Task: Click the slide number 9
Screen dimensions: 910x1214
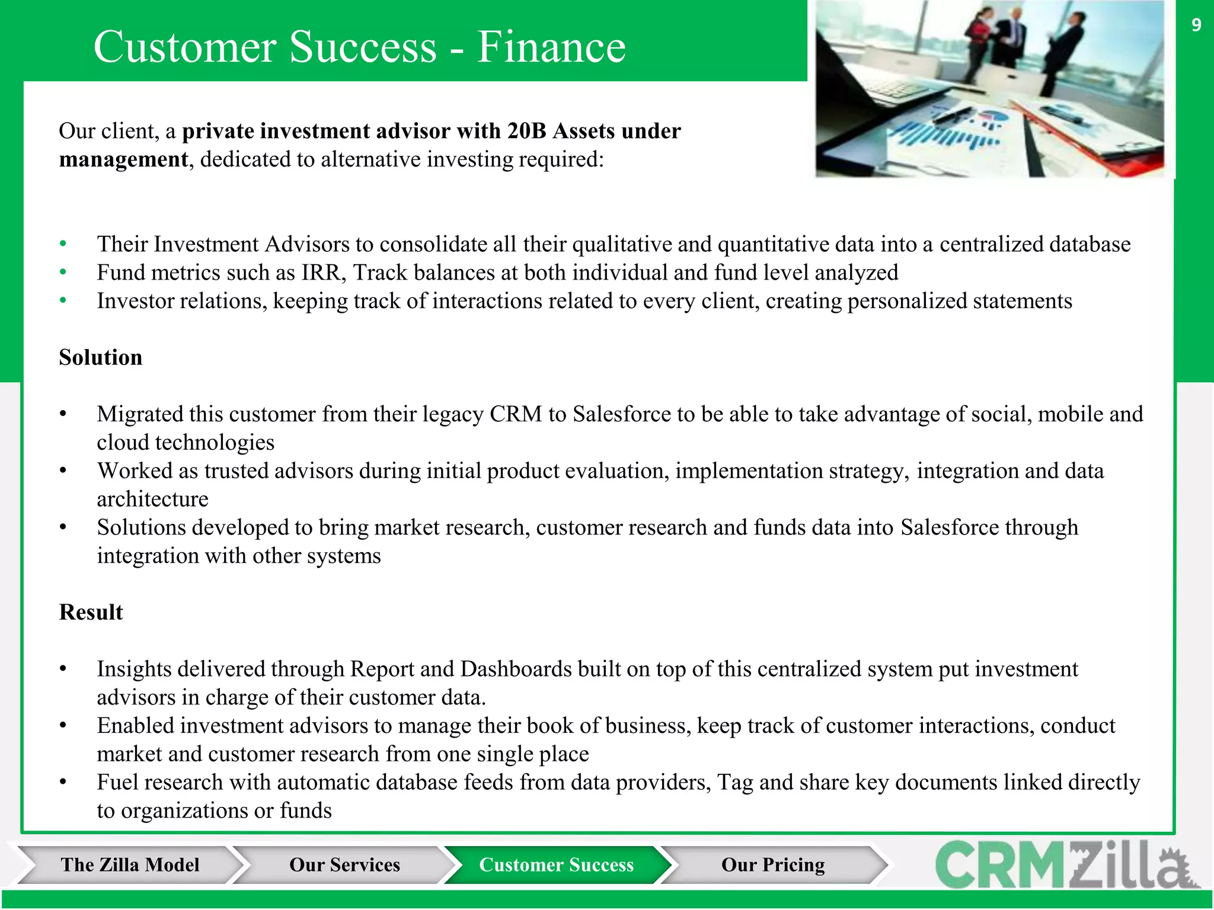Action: point(1196,25)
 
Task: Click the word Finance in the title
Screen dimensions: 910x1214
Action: point(551,47)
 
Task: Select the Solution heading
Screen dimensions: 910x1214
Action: point(101,358)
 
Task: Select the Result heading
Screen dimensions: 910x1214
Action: point(91,613)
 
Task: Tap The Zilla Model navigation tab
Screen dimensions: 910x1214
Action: point(129,865)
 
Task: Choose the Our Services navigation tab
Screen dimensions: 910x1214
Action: point(344,865)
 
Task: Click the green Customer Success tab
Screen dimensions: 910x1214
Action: point(556,865)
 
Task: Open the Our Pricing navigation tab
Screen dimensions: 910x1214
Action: point(772,865)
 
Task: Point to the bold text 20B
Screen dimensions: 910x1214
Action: point(526,131)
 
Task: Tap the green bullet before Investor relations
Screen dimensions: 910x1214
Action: point(63,301)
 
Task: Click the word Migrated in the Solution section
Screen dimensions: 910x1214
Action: point(140,414)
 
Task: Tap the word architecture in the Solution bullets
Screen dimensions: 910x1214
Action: point(152,499)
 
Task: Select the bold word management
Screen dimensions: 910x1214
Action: point(123,160)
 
